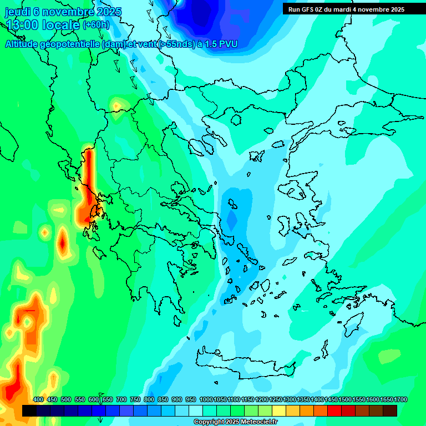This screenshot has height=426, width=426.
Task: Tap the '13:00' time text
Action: (x=21, y=24)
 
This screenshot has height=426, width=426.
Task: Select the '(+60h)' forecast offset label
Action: (x=96, y=25)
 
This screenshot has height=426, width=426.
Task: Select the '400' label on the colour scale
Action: (x=38, y=399)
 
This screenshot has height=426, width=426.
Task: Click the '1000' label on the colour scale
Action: (x=206, y=399)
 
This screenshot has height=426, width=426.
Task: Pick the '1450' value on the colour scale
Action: (x=332, y=399)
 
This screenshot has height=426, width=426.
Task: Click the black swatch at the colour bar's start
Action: (x=29, y=410)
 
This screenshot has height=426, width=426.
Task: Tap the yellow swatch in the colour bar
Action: (x=279, y=410)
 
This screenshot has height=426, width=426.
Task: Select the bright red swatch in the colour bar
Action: (x=334, y=410)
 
